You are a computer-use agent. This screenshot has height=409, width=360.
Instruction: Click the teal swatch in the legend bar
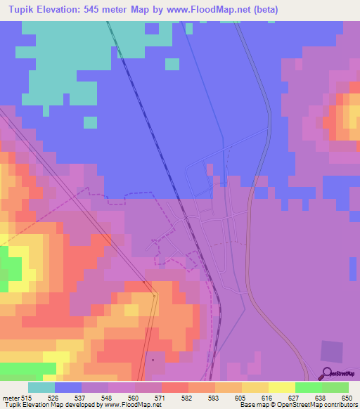tap(41, 387)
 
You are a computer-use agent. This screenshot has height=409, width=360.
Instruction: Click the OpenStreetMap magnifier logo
tap(326, 372)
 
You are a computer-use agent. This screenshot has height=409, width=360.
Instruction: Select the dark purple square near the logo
tap(332, 351)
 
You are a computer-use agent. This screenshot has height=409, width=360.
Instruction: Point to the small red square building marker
tap(152, 360)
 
